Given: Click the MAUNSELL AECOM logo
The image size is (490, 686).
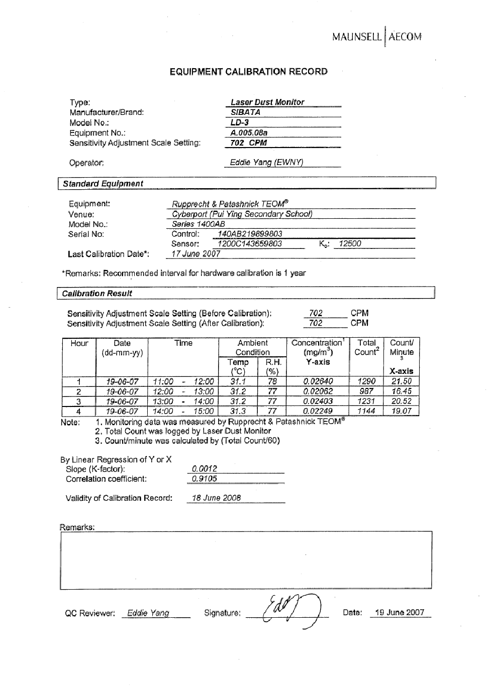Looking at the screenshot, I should tap(376, 37).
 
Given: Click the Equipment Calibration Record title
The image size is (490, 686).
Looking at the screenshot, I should tap(248, 72).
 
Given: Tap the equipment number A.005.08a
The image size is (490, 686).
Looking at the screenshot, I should tap(249, 133).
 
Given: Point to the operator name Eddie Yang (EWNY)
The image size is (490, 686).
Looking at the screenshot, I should tap(266, 163).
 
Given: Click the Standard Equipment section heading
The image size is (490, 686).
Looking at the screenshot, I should tap(103, 184).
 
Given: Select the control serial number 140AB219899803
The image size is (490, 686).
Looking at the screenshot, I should tap(250, 234).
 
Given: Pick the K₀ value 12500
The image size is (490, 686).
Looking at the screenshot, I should tap(350, 244).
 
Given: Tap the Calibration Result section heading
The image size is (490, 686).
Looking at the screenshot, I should tap(97, 294).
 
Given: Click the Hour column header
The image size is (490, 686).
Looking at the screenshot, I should tap(79, 343).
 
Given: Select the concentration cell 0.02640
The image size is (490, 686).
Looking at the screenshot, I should tap(318, 381).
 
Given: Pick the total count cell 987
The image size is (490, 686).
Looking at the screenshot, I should tap(366, 391).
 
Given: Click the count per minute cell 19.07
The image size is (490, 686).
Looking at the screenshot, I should tap(401, 411).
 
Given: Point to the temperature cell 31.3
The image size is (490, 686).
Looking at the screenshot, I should tap(238, 411).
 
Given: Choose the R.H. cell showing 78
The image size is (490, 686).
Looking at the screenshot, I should tap(272, 381).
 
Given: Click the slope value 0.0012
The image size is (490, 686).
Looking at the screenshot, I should tap(205, 469).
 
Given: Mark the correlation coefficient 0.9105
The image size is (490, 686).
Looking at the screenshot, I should tap(205, 479).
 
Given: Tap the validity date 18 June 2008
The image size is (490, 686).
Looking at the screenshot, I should tap(217, 498).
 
